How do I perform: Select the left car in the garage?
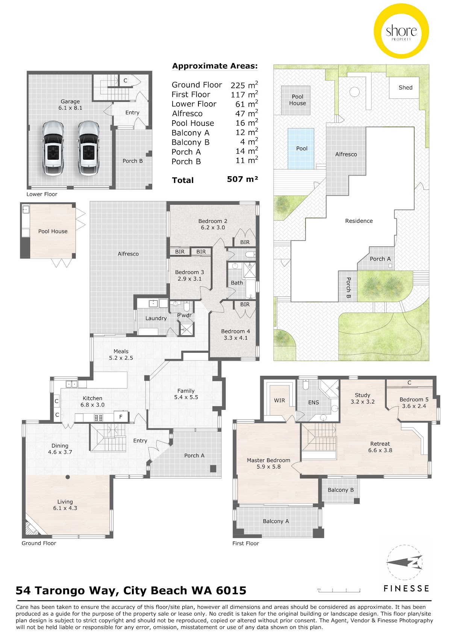(x=52, y=148)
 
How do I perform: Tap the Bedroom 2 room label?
(x=213, y=221)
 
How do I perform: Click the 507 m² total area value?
(x=242, y=179)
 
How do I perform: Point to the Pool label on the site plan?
(x=302, y=148)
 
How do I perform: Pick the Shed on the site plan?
(x=405, y=88)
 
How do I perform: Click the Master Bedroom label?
(x=268, y=460)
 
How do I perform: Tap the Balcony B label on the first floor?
(x=341, y=490)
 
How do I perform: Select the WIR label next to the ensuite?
(x=279, y=401)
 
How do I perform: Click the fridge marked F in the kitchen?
(x=121, y=417)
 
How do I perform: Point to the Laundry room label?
(x=156, y=318)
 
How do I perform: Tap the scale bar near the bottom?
(x=339, y=590)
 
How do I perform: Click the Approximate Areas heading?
(x=215, y=66)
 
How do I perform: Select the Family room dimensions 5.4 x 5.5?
(x=186, y=397)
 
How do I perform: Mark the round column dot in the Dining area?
(x=68, y=477)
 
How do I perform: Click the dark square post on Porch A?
(x=213, y=469)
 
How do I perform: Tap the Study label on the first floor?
(x=362, y=395)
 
